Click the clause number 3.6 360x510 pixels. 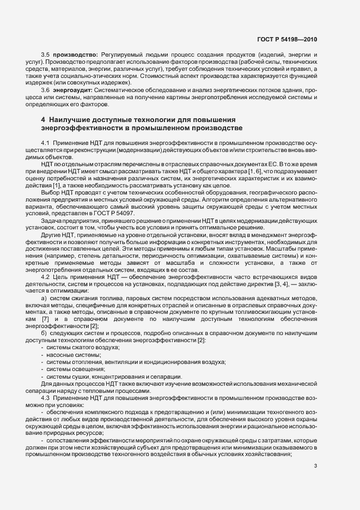coord(46,89)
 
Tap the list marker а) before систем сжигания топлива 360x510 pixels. coord(44,299)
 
